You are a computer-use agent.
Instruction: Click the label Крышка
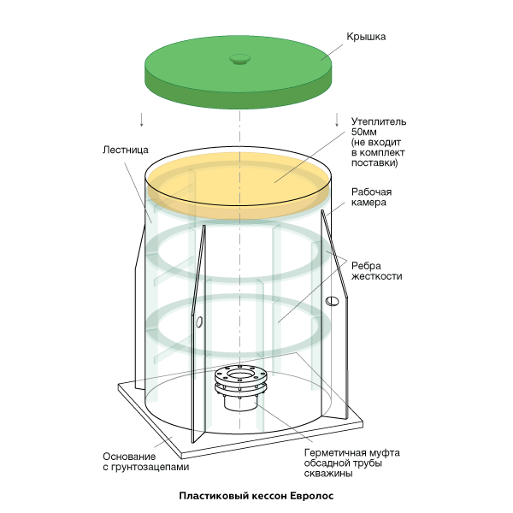(x=367, y=37)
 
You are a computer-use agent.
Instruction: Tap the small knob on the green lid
(x=239, y=58)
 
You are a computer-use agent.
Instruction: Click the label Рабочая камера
(x=372, y=198)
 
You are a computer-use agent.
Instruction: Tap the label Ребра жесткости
(x=376, y=270)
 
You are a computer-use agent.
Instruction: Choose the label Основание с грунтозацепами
(x=144, y=462)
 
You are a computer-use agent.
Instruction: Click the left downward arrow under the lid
(x=142, y=118)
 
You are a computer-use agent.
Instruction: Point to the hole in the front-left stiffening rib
(x=198, y=322)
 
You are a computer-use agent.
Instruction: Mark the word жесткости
(x=376, y=276)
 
